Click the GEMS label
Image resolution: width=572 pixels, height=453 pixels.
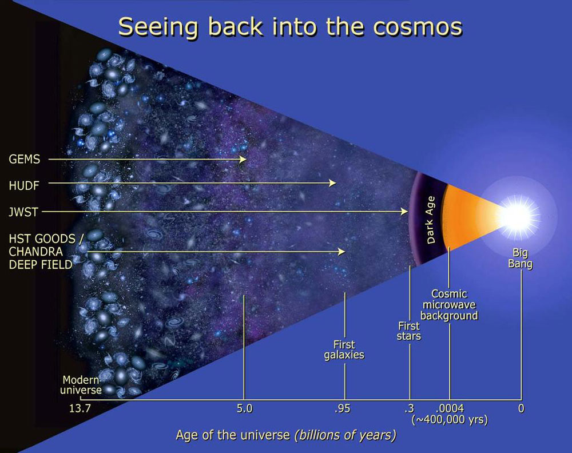[25, 160]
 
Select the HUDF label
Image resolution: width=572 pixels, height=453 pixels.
[24, 186]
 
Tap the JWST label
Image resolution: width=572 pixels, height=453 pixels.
[23, 212]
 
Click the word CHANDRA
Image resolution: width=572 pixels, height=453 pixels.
[35, 252]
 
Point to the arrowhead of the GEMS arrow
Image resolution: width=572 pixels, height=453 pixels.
[243, 160]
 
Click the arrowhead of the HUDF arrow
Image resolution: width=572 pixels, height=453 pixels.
[332, 182]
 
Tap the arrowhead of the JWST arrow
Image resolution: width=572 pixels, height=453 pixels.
[404, 212]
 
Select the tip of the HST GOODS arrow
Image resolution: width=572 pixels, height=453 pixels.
[345, 252]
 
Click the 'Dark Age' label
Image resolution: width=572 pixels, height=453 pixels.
[431, 220]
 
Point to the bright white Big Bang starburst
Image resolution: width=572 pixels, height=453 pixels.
[518, 217]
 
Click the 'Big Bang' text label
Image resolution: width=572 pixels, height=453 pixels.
[520, 258]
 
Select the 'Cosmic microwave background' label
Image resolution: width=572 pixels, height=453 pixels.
[449, 304]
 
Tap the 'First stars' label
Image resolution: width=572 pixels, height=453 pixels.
[409, 331]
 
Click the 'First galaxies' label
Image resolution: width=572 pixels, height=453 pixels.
[344, 350]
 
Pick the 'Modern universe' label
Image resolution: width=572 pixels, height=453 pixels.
[81, 385]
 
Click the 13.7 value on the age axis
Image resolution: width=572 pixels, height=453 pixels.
[80, 408]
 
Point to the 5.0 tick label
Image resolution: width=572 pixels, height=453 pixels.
[244, 408]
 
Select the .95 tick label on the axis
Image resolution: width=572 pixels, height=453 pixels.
[342, 408]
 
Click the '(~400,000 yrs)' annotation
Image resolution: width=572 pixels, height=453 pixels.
[450, 420]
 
